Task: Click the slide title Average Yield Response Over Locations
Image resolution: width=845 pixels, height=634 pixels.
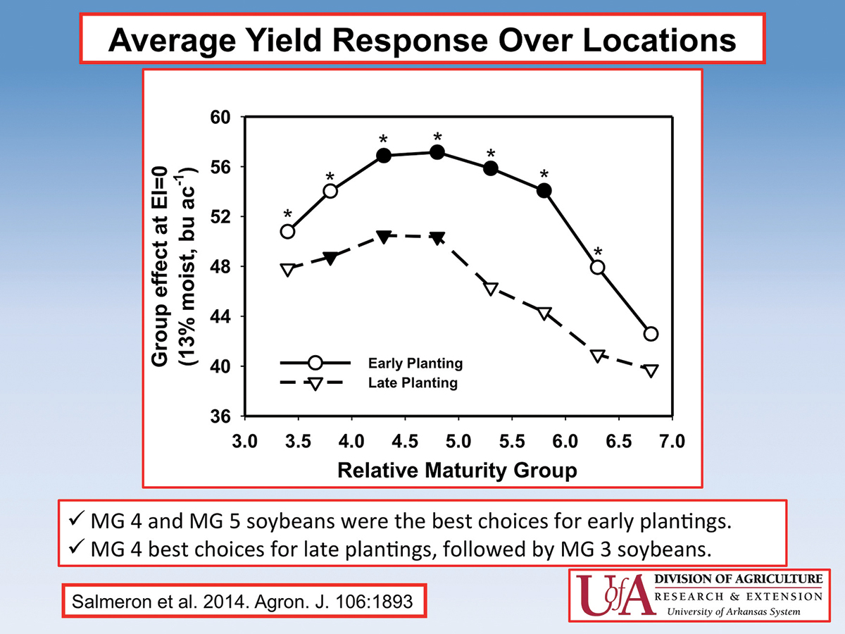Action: [423, 40]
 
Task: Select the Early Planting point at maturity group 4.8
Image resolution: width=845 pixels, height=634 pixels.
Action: [437, 152]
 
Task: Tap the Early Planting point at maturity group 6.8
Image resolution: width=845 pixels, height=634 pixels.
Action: [651, 333]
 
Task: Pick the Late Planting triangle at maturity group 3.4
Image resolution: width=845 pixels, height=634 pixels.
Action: [287, 270]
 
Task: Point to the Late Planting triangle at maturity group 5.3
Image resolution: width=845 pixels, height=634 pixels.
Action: [491, 289]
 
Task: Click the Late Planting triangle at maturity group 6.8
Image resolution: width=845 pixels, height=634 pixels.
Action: [651, 371]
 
